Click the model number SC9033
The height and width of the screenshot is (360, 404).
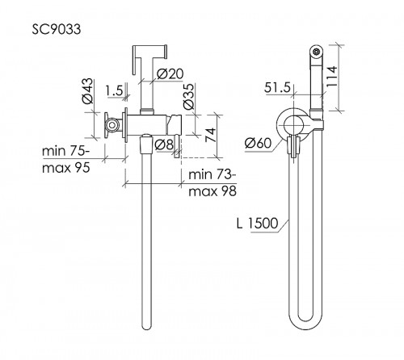(57, 29)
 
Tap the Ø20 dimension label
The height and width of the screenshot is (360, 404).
(170, 74)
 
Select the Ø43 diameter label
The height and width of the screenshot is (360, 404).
(87, 91)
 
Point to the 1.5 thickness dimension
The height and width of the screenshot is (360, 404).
(114, 90)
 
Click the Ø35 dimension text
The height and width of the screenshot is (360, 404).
(188, 97)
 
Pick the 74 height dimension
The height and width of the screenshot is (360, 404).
(211, 135)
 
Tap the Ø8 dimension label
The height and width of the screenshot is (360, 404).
(164, 145)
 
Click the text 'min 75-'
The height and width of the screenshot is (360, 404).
(65, 151)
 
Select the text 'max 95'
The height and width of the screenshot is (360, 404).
(66, 168)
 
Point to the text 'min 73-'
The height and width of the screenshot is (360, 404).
(213, 174)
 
